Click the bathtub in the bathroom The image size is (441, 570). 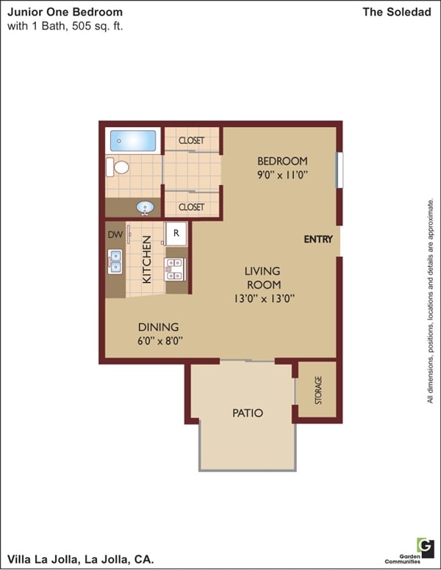coord(133,140)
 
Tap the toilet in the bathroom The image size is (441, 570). coord(118,167)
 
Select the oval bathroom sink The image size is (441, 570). coord(146,208)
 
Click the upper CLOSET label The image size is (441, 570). coord(191,140)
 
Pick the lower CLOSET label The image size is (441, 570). coord(191,207)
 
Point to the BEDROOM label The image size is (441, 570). coord(282,161)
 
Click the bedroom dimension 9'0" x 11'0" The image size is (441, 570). coord(282,175)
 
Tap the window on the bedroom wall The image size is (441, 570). coord(339,170)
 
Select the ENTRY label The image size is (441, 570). coord(318,239)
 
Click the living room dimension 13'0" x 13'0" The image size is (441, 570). coord(262,298)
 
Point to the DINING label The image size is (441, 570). coord(158,327)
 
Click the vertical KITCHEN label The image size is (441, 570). coord(147,259)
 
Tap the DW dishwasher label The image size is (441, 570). coord(114,235)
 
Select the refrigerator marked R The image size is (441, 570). coord(176,234)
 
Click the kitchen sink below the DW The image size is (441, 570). coord(115,261)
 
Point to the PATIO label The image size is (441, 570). coord(248,413)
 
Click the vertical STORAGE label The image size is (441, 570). coord(318,390)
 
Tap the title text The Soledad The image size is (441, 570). coord(398,12)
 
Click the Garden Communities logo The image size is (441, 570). coord(425,546)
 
